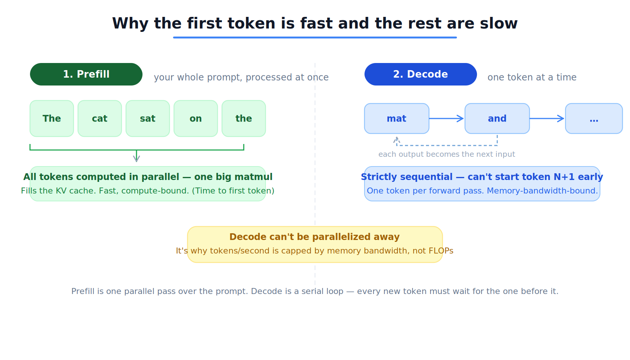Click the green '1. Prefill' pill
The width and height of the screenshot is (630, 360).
[x=86, y=74]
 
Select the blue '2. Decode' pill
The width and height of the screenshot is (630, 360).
[x=420, y=74]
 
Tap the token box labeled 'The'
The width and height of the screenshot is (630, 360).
[x=52, y=118]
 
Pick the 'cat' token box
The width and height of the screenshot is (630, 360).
[x=100, y=118]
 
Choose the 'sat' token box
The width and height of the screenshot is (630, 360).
[x=148, y=118]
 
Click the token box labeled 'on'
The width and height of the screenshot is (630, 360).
[x=196, y=118]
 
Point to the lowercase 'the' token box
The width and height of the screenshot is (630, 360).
[x=244, y=118]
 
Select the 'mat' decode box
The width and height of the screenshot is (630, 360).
[x=397, y=118]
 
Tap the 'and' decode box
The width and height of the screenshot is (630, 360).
[x=497, y=118]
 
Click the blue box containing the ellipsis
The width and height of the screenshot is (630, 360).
[x=594, y=118]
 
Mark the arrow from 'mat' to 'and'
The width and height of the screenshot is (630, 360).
[x=447, y=118]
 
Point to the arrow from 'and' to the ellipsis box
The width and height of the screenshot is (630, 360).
[x=547, y=118]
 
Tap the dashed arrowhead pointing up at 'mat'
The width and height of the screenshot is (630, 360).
[x=397, y=140]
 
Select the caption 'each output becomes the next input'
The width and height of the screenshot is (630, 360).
[x=447, y=154]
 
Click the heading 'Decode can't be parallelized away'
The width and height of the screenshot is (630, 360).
[x=314, y=237]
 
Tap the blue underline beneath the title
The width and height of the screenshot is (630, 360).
[x=315, y=37]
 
